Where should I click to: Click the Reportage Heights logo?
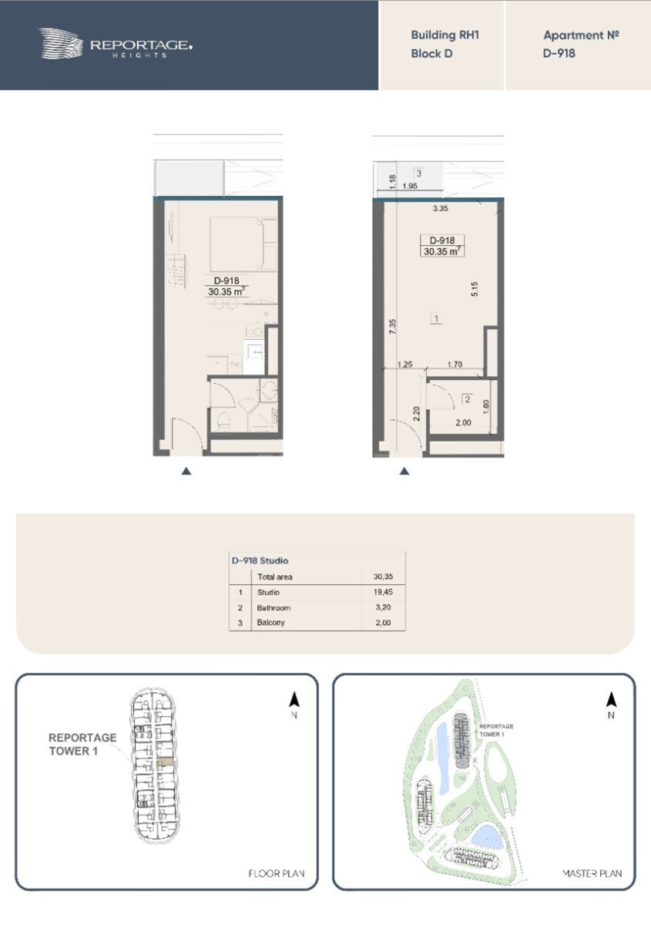[115, 43]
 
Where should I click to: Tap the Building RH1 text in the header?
[445, 35]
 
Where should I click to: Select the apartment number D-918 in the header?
[559, 53]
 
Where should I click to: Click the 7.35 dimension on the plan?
[393, 326]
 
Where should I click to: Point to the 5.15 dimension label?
[475, 288]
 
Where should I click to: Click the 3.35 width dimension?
[441, 208]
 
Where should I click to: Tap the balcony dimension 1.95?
[410, 186]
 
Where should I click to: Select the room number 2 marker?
[468, 399]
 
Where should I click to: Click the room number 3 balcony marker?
[418, 173]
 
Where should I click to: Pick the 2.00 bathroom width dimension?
[463, 422]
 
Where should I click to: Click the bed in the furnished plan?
[243, 244]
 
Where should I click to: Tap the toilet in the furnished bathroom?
[223, 420]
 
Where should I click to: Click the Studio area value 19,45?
[383, 592]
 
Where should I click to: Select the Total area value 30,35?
[383, 577]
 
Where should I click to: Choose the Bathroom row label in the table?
[273, 608]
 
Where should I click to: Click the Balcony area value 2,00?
[383, 623]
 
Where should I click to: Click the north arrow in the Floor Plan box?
[294, 700]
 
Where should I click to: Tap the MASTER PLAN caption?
[592, 873]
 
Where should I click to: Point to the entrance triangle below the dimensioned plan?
[404, 471]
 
